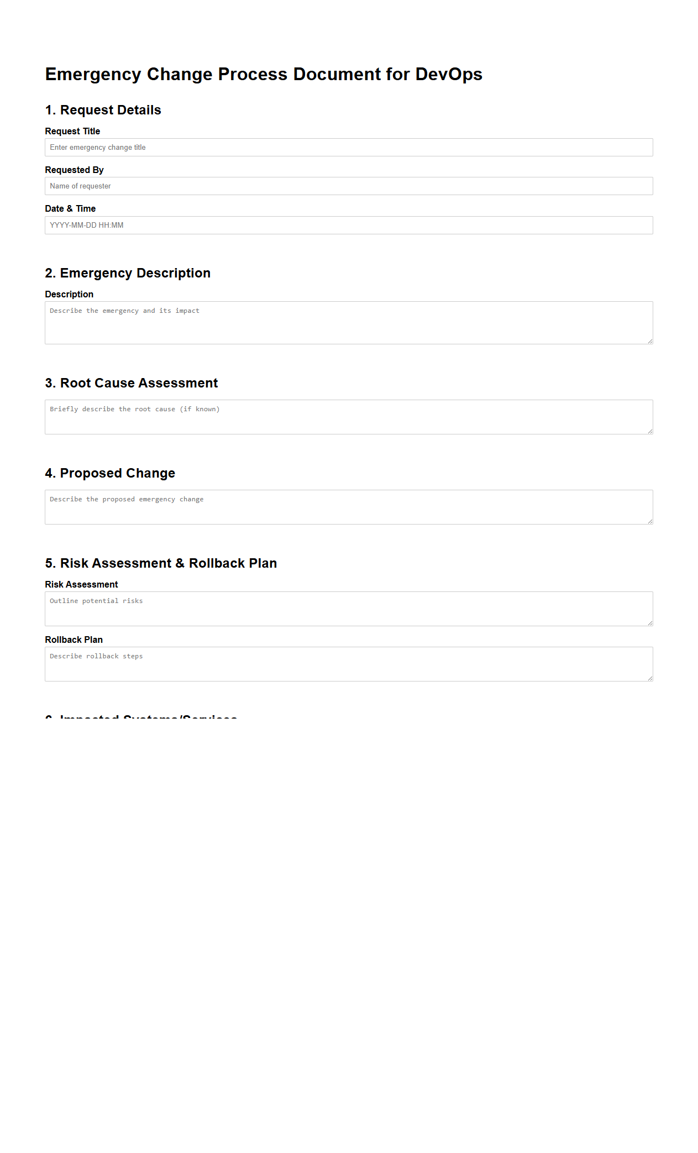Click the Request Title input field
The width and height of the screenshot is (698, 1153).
348,148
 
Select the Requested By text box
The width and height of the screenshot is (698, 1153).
348,186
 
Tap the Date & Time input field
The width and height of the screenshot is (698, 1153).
348,226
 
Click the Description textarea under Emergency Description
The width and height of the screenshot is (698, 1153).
348,323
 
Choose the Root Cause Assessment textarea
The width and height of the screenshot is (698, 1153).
348,417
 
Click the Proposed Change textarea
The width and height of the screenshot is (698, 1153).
348,507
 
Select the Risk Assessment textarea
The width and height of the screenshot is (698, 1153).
348,609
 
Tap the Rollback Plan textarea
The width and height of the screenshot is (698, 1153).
348,664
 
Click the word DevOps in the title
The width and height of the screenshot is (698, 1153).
449,75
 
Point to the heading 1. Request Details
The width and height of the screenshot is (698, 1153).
103,110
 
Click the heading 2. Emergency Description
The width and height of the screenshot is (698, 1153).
128,273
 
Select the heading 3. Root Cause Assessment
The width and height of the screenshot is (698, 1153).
132,383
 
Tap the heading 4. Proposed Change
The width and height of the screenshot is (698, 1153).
110,473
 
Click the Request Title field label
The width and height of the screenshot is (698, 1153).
72,132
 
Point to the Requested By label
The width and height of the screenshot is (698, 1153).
74,170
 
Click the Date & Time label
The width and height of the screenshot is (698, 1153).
70,209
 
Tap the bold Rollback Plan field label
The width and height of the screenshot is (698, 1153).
74,640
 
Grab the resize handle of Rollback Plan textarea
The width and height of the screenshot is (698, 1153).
650,678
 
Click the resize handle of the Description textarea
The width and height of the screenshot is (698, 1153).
650,341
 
